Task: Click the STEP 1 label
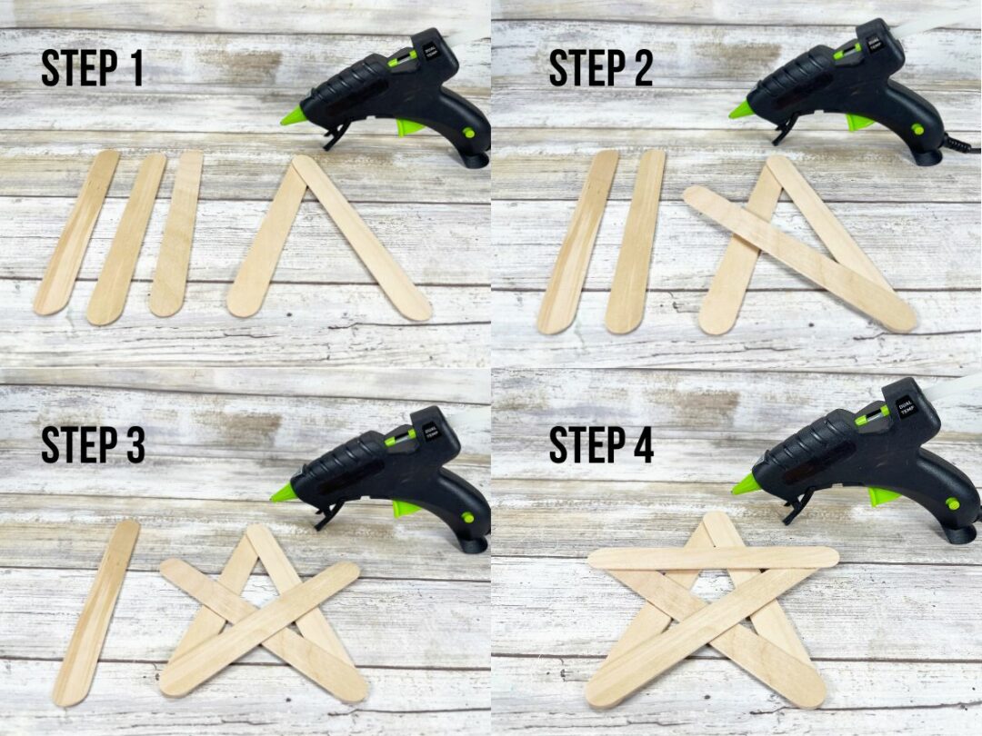point(92,68)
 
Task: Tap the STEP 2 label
point(601,68)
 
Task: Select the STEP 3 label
point(93,444)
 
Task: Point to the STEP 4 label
point(601,444)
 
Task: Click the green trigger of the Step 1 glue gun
point(406,127)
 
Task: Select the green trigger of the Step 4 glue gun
point(882,496)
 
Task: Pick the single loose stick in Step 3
point(96,612)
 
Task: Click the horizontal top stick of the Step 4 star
point(713,558)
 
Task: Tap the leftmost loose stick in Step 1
point(77,233)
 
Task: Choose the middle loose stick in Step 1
point(126,238)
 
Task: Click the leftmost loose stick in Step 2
point(577,241)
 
